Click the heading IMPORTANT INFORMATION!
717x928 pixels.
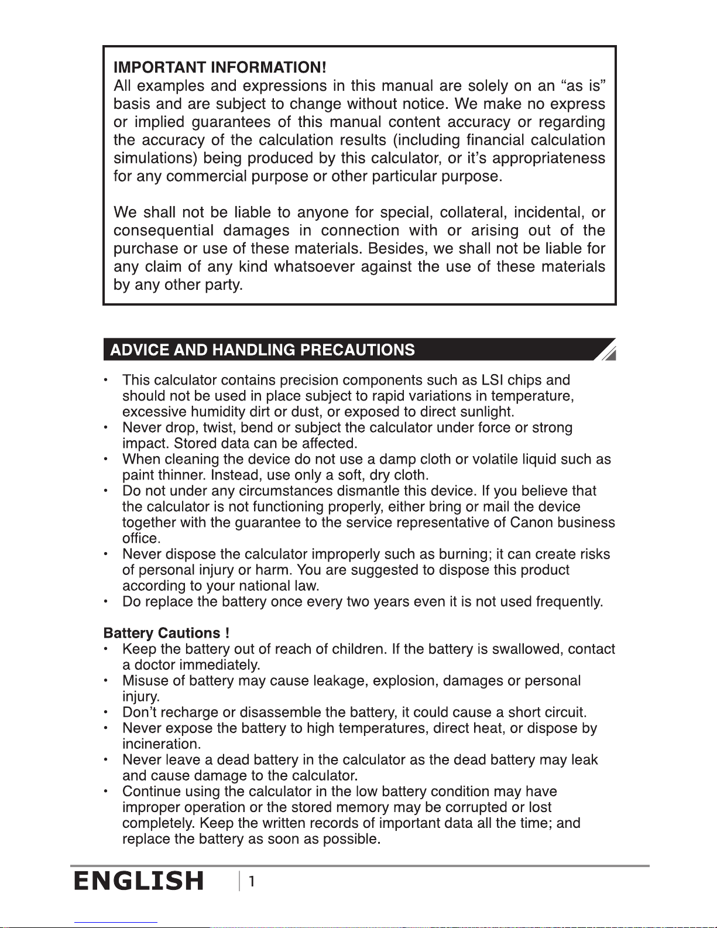coord(219,67)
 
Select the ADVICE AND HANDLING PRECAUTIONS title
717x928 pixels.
coord(262,350)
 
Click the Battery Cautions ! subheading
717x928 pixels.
coord(166,633)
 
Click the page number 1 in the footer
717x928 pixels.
coord(252,881)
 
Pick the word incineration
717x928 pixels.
coord(161,744)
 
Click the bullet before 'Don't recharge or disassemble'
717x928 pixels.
coord(105,713)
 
